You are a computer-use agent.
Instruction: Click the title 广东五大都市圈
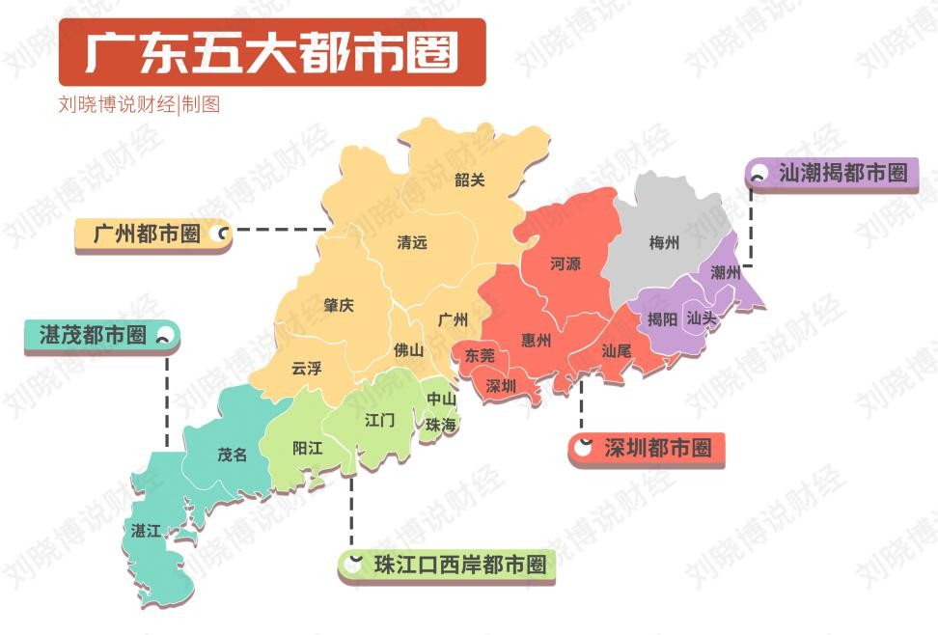coord(271,52)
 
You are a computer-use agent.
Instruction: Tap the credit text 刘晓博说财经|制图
coord(139,104)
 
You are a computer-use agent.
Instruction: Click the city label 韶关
coord(470,179)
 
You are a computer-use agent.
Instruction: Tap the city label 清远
coord(412,242)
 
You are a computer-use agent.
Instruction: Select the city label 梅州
coord(664,242)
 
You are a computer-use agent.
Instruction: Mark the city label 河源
coord(566,262)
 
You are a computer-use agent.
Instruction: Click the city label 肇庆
coord(339,305)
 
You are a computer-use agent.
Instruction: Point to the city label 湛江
coord(147,531)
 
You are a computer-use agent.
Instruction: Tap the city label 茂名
coord(232,454)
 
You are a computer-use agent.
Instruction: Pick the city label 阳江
coord(308,448)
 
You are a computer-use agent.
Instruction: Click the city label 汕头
coord(702,317)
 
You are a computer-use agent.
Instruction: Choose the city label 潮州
coord(725,272)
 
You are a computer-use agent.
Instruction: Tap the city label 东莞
coord(480,355)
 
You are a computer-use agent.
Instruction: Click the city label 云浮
coord(307,368)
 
